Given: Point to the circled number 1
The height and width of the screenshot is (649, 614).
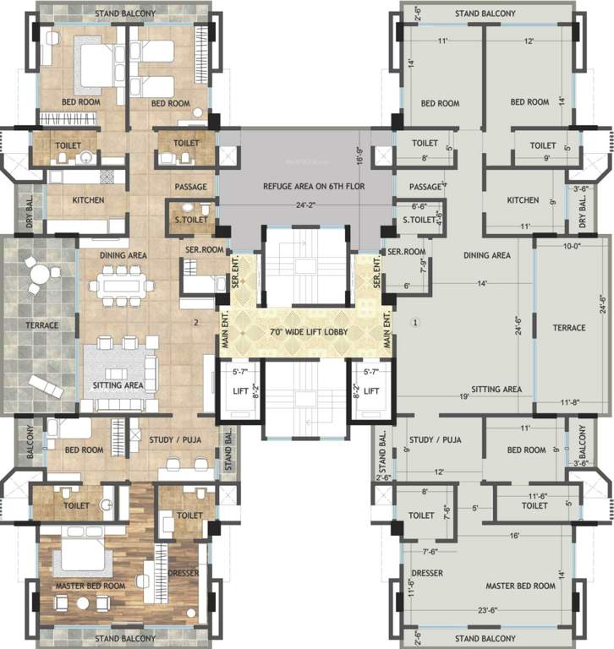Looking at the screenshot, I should (x=415, y=322).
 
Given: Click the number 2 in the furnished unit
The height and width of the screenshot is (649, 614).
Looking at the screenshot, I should (x=195, y=322).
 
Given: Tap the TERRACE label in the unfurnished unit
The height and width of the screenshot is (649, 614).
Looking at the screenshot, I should (x=569, y=327).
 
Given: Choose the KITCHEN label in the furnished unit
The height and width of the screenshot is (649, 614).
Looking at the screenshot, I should (x=88, y=200).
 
